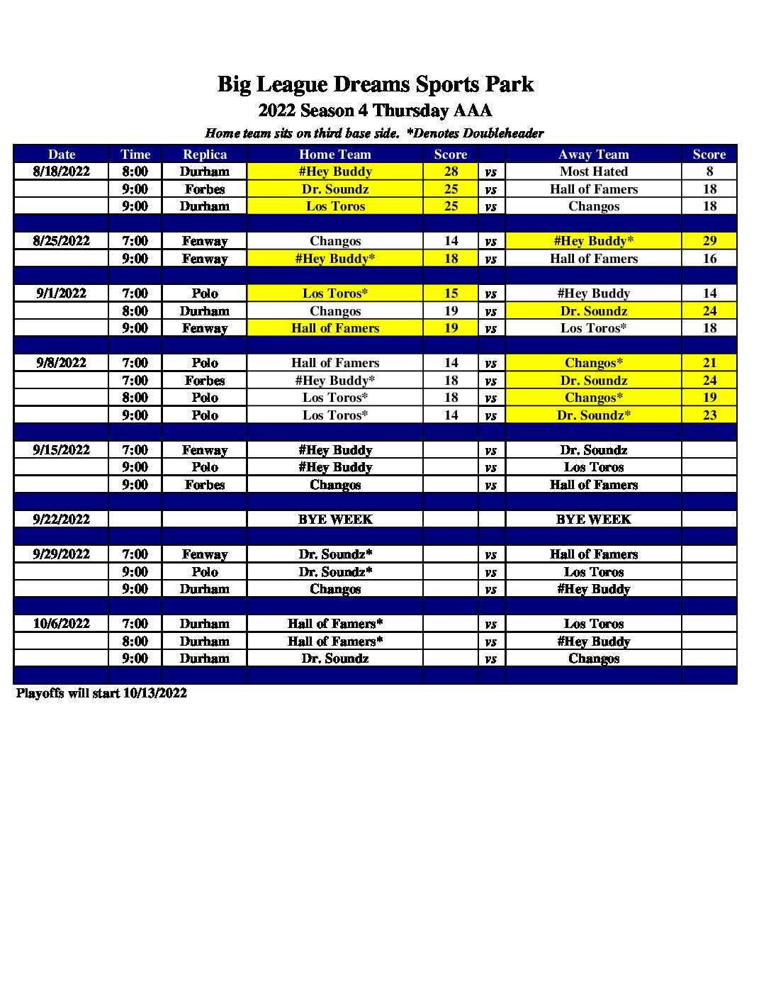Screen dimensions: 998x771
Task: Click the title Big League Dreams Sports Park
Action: pyautogui.click(x=375, y=84)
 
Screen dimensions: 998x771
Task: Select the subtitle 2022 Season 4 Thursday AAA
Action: pyautogui.click(x=375, y=111)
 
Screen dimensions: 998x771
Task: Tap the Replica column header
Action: pyautogui.click(x=205, y=155)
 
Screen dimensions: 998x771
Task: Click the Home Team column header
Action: pyautogui.click(x=335, y=155)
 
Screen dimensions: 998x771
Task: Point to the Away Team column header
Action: pyautogui.click(x=593, y=155)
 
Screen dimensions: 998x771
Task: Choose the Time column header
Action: pyautogui.click(x=135, y=155)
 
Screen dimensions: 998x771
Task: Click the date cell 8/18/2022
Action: pyautogui.click(x=62, y=172)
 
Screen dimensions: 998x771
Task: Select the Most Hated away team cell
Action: pyautogui.click(x=593, y=172)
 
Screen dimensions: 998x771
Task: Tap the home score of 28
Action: pyautogui.click(x=451, y=172)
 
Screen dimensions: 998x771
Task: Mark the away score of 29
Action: pyautogui.click(x=709, y=241)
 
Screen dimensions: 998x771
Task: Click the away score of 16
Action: pyautogui.click(x=709, y=259)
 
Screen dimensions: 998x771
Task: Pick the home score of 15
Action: pyautogui.click(x=451, y=293)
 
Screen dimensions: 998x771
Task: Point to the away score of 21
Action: pyautogui.click(x=709, y=363)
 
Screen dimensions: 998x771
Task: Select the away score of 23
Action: pyautogui.click(x=709, y=415)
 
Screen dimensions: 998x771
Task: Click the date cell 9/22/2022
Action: pyautogui.click(x=62, y=520)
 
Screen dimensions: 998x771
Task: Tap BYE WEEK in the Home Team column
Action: pyautogui.click(x=335, y=520)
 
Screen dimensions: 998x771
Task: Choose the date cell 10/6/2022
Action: pyautogui.click(x=62, y=624)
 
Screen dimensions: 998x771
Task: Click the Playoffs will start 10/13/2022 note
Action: pyautogui.click(x=101, y=693)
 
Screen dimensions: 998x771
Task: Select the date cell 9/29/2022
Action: pyautogui.click(x=62, y=554)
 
